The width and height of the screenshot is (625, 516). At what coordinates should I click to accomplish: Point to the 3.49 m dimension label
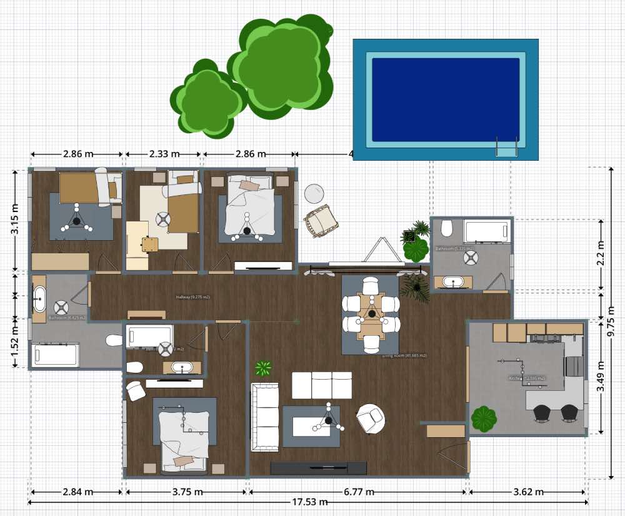tap(601, 379)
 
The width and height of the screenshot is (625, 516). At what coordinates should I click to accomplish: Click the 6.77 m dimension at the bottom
tap(359, 492)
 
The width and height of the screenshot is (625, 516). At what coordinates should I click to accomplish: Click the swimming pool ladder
tap(506, 147)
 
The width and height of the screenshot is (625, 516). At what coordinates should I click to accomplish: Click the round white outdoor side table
tap(313, 193)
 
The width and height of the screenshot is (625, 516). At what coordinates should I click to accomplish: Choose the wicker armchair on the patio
tap(321, 221)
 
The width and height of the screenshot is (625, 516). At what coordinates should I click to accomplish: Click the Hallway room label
tap(192, 297)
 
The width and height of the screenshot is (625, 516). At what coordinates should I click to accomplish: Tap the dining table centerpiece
tap(372, 313)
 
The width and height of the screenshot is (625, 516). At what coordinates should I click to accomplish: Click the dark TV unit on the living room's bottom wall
tap(318, 468)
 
